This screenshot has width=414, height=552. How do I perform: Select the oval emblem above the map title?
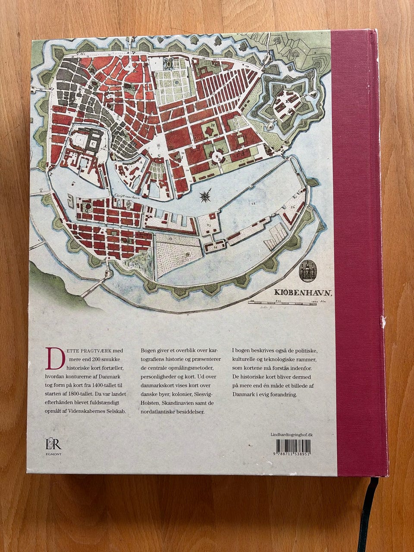[x=308, y=271]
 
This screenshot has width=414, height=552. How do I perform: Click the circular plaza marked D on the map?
[x=219, y=158]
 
